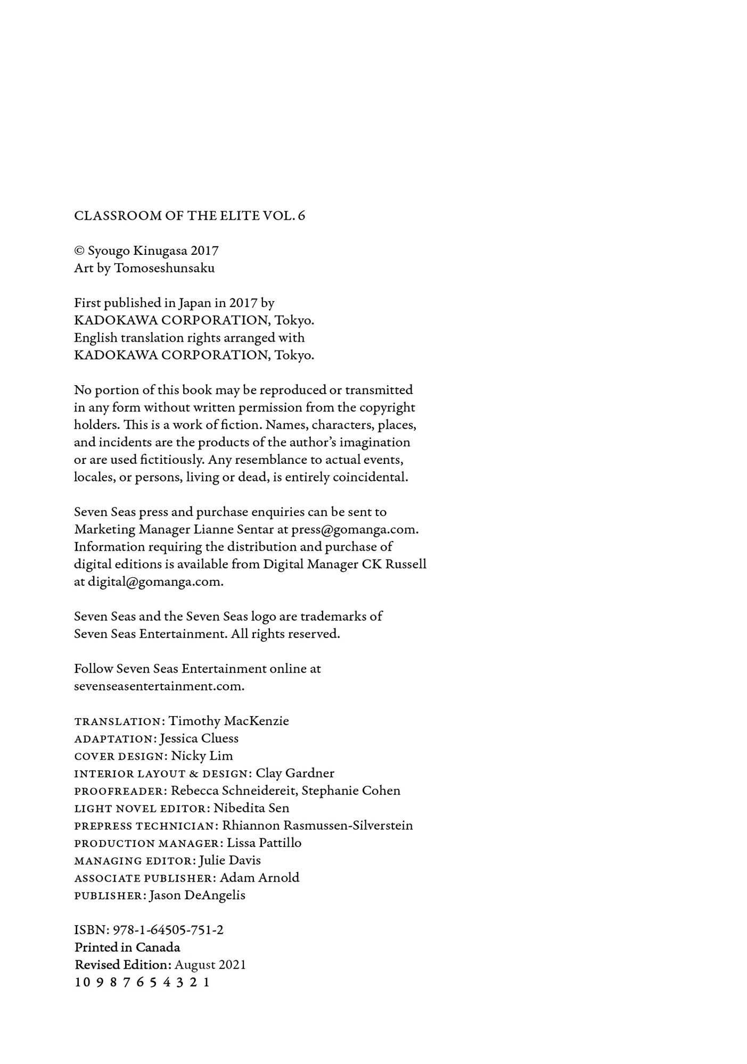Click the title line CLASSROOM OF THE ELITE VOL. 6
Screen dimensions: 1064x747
(190, 215)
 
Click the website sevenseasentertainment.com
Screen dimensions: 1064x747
(159, 686)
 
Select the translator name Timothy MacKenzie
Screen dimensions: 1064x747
(229, 721)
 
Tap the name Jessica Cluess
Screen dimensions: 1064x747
(199, 738)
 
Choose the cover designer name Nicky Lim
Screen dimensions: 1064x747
(202, 756)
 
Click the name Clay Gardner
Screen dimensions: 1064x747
(295, 773)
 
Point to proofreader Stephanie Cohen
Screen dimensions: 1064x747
(351, 791)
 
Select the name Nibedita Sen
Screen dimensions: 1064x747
(251, 808)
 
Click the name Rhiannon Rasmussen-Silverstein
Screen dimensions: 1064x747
(317, 826)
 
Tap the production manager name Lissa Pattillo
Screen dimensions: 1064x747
(264, 843)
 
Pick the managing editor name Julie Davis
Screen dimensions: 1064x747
(230, 860)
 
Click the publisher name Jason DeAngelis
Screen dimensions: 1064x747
(198, 895)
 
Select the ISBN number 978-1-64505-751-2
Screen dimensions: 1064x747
(168, 930)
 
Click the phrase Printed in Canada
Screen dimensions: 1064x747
(127, 947)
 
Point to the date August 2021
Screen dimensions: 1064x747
(210, 965)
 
